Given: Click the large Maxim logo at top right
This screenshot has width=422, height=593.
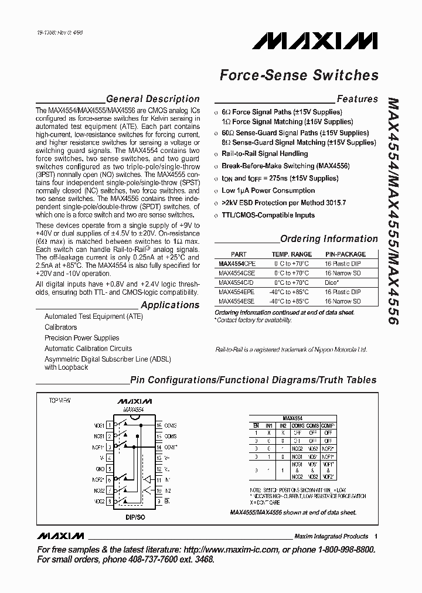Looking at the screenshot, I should coord(315,40).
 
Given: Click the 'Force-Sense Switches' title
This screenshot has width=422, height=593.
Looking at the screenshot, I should coord(298,76).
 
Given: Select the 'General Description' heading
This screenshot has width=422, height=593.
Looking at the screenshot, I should coord(153,99).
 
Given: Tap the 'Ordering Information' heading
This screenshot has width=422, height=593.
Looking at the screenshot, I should coord(329,238).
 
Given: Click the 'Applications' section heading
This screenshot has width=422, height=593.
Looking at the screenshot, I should coord(170,305).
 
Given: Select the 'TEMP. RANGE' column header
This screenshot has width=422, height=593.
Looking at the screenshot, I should coord(291,254).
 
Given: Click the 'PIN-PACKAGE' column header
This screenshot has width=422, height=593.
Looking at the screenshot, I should coord(345,254).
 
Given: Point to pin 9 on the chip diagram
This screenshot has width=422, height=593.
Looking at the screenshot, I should coord(159,501).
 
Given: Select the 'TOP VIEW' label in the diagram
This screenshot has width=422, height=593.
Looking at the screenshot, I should coord(59,401).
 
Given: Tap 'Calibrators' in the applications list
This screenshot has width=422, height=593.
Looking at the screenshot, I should coord(61,328).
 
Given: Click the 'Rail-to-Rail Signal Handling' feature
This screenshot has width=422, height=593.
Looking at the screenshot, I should coord(264,154).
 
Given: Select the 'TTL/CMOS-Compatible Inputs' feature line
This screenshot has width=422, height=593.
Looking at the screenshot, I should coord(268,215).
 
